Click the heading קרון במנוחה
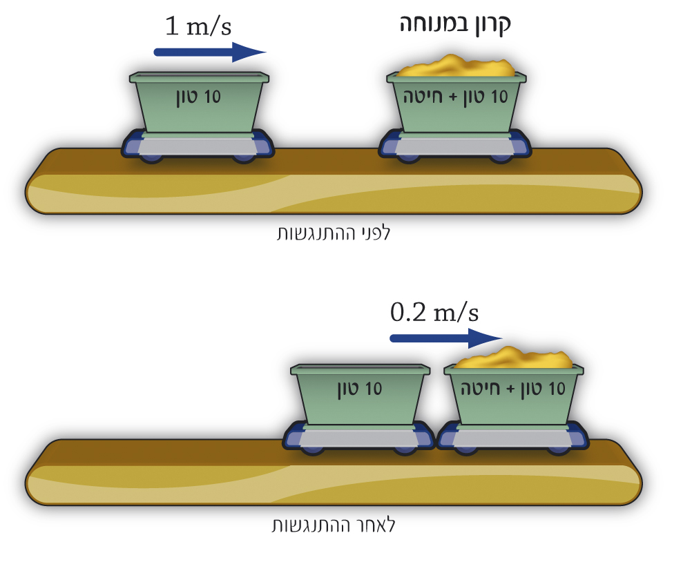coord(456,24)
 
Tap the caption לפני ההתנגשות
coord(334,233)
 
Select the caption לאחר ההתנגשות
coord(334,525)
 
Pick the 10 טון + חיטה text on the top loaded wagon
coord(455,97)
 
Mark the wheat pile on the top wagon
coord(456,66)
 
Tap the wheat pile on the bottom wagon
coord(515,358)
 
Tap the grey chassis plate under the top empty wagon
coord(198,146)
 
